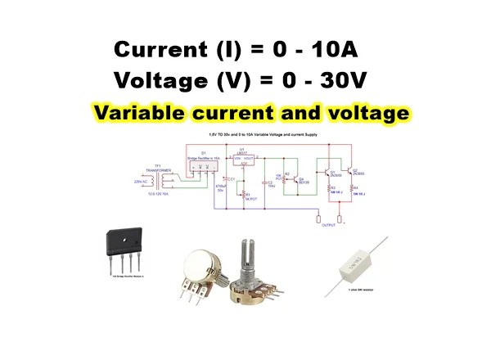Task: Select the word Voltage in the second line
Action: tap(160, 80)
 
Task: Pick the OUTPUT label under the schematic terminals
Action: tap(330, 224)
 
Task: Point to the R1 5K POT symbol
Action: tap(242, 196)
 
